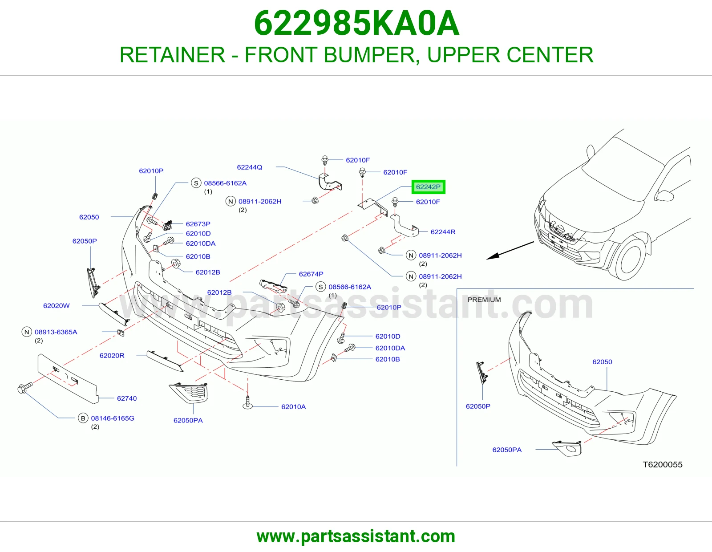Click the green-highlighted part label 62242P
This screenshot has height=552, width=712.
click(428, 187)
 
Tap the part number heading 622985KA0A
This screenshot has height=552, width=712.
click(356, 23)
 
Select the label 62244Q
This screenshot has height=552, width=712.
click(249, 167)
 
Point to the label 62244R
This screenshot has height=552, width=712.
click(443, 232)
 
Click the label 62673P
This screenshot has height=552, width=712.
click(198, 224)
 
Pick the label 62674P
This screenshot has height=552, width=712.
click(311, 274)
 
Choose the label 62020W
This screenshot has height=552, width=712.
click(57, 306)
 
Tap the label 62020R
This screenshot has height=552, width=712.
click(112, 356)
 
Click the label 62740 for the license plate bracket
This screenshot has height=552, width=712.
click(127, 398)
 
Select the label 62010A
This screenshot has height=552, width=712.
click(293, 407)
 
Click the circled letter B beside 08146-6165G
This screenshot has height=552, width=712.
click(83, 418)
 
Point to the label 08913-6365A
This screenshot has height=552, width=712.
click(56, 332)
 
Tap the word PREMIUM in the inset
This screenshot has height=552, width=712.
click(484, 300)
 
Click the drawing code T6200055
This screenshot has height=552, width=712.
click(663, 464)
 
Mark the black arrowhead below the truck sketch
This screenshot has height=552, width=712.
click(493, 256)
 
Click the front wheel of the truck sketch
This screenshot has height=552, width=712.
click(629, 258)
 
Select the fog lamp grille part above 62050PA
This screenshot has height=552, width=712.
click(189, 393)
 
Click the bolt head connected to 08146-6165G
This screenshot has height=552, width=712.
click(22, 389)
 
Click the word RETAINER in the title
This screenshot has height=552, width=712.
click(172, 55)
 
